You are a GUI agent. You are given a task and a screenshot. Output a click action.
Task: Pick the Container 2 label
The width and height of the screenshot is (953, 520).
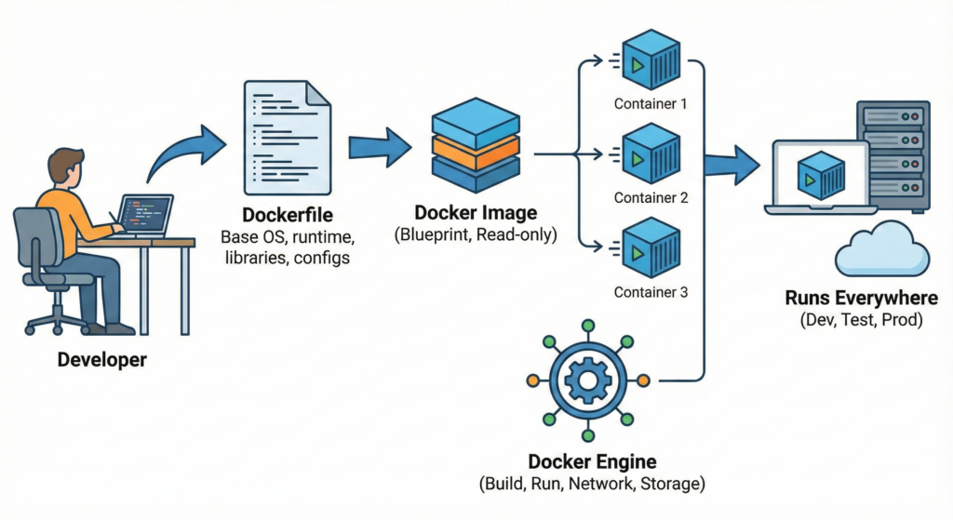point(651,197)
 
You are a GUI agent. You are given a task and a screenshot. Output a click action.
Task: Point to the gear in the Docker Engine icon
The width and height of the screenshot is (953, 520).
point(587,380)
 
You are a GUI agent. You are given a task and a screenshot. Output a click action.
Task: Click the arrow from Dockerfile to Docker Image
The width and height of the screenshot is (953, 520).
point(380,147)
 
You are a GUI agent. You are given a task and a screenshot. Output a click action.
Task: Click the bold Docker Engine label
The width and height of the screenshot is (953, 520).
point(592,461)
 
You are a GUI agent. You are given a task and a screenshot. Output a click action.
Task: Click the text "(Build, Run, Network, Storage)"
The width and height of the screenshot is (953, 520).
point(592,485)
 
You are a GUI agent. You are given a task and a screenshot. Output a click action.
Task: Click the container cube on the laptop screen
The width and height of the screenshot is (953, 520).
point(820,174)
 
